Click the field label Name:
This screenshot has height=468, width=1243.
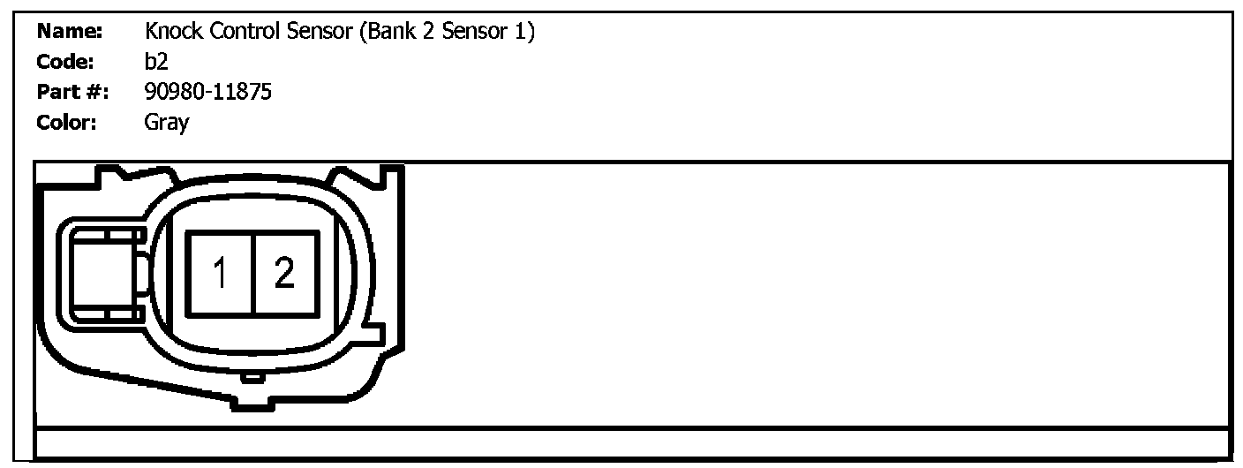(x=70, y=33)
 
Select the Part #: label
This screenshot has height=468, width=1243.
(x=72, y=92)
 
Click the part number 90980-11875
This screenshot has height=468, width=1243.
(x=207, y=92)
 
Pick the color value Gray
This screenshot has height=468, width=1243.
(x=166, y=123)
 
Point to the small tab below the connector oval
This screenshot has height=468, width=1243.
(x=253, y=378)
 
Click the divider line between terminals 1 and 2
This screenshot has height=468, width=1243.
(x=253, y=273)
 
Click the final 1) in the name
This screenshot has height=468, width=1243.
(x=526, y=33)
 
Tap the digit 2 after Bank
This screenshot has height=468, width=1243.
(x=426, y=33)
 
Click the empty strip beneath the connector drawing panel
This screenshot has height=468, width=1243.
(x=631, y=442)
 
